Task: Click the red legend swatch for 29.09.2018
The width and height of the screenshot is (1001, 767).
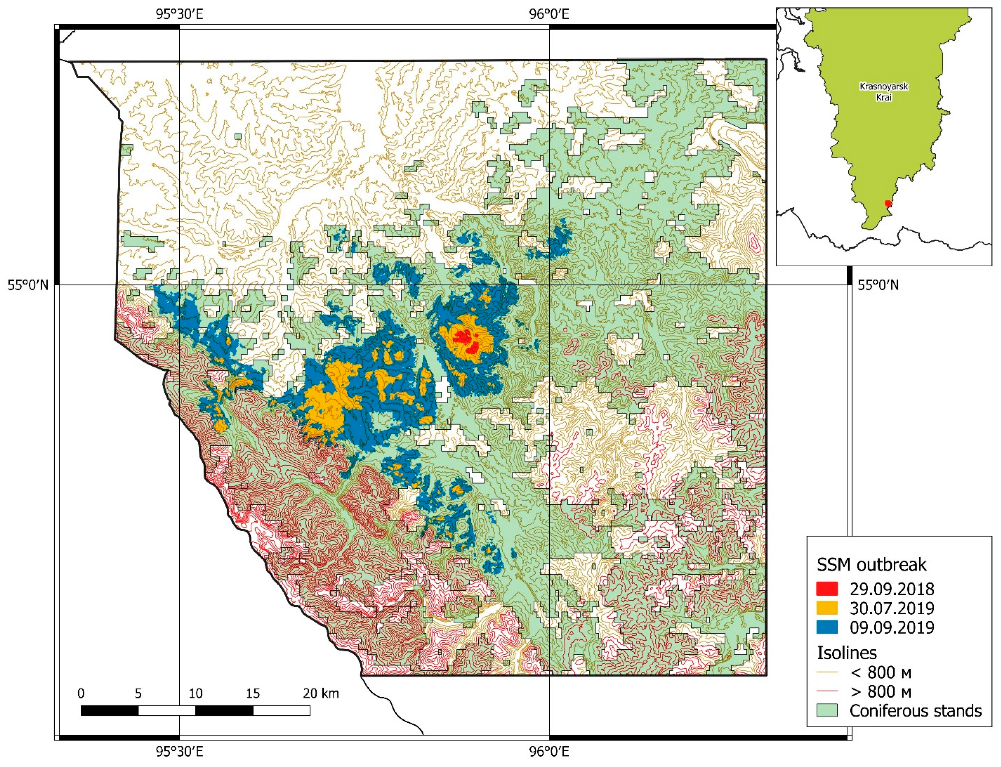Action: coord(827,589)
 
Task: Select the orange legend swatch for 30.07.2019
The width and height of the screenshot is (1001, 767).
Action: coord(827,608)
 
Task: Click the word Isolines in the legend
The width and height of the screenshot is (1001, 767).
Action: coord(846,653)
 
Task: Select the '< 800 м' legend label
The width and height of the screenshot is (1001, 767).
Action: coord(880,672)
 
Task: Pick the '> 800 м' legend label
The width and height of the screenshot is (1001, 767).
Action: coord(880,692)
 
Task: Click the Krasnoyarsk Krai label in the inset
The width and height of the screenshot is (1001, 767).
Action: coord(884,91)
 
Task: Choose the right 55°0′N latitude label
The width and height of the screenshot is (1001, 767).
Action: coord(878,285)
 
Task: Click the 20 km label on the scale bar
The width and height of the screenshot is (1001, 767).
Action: coord(321,693)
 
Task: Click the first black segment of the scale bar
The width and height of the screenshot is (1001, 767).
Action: coord(110,710)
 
